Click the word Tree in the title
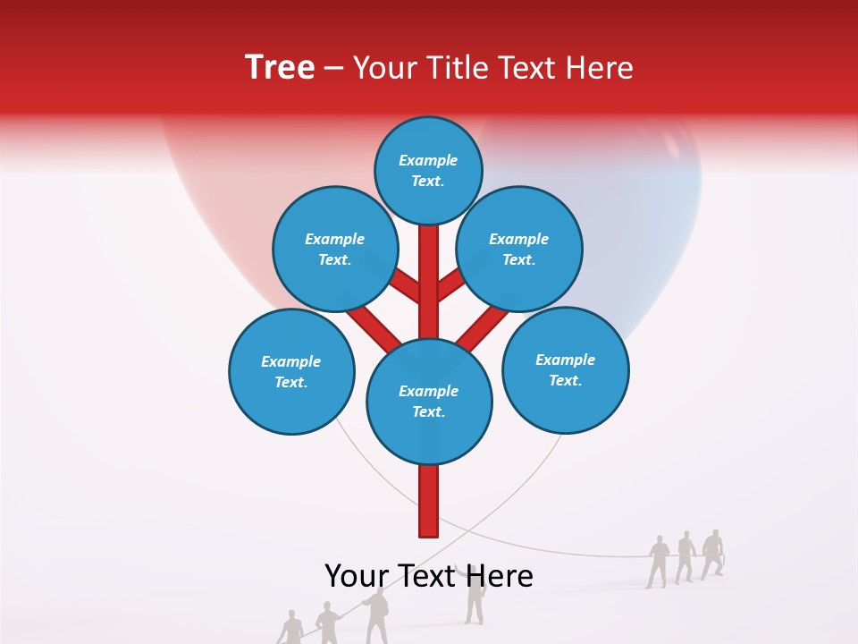pyautogui.click(x=280, y=67)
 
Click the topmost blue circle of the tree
pyautogui.click(x=428, y=170)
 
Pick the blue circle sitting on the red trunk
pyautogui.click(x=429, y=402)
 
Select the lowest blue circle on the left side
pyautogui.click(x=291, y=372)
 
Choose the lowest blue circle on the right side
pyautogui.click(x=565, y=370)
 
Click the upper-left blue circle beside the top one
pyautogui.click(x=334, y=249)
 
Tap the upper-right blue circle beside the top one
pyautogui.click(x=518, y=249)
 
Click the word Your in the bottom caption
pyautogui.click(x=357, y=576)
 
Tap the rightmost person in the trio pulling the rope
pyautogui.click(x=712, y=554)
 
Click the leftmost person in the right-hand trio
pyautogui.click(x=658, y=562)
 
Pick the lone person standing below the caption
pyautogui.click(x=475, y=598)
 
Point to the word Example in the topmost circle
pyautogui.click(x=428, y=160)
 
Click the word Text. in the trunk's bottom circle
pyautogui.click(x=428, y=412)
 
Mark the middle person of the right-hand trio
pyautogui.click(x=686, y=556)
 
